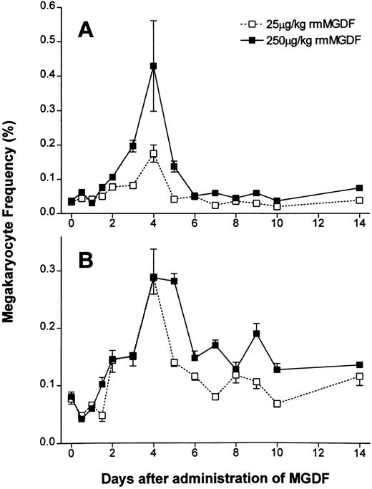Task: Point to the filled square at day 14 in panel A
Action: coord(360,188)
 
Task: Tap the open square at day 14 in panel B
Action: coord(360,377)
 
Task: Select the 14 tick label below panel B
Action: coord(360,454)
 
